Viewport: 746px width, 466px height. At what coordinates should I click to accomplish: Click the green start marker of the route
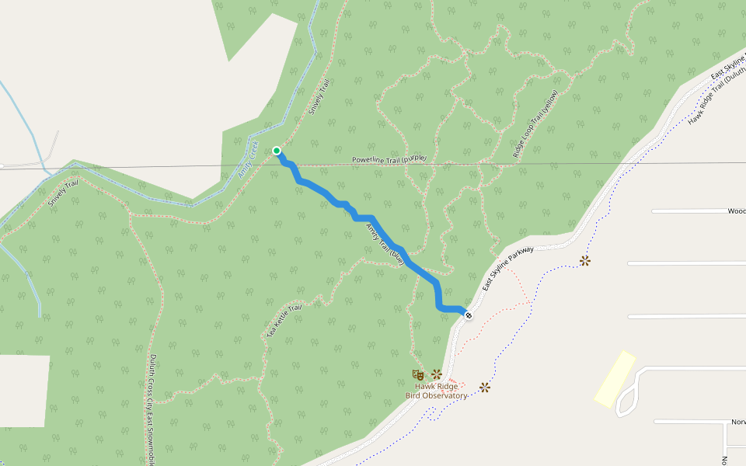tap(277, 151)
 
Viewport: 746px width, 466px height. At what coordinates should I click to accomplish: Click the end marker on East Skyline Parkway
tap(469, 315)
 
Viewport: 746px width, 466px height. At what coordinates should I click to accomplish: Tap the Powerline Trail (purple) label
tap(389, 159)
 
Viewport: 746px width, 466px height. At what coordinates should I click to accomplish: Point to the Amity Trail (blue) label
tap(385, 244)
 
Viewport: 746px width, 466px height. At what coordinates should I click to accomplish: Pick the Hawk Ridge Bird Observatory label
tap(437, 391)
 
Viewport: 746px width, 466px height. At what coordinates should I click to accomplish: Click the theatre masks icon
tap(418, 375)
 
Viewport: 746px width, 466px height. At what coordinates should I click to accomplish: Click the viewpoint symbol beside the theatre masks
tap(437, 374)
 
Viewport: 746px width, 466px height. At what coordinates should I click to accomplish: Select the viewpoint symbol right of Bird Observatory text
tap(486, 387)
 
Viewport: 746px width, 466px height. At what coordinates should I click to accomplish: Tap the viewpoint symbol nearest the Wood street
tap(584, 261)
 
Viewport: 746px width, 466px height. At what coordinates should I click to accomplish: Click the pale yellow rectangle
tap(615, 378)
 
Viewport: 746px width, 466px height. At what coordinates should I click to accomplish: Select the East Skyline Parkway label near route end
tap(508, 269)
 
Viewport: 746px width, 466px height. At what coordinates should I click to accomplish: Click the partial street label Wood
tap(736, 210)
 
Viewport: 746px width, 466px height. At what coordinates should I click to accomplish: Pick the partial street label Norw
tap(737, 422)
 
